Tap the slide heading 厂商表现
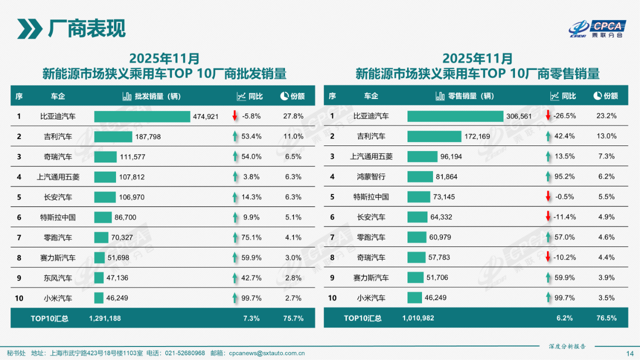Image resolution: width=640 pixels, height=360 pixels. click(x=86, y=28)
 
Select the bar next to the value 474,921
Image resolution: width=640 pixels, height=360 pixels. click(x=142, y=116)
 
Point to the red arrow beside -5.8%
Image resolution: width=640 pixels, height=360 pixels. click(x=234, y=116)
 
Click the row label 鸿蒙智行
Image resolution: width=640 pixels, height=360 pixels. click(x=371, y=176)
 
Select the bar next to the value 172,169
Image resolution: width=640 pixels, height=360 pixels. click(x=434, y=136)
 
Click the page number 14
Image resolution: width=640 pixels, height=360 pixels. click(x=629, y=353)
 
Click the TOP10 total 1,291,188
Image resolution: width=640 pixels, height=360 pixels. click(x=105, y=318)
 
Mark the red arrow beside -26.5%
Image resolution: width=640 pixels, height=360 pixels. click(x=548, y=115)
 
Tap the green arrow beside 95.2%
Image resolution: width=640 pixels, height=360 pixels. click(x=548, y=176)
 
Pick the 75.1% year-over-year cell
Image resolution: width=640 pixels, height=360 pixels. click(x=252, y=237)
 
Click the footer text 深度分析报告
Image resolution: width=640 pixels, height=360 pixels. click(x=567, y=346)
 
